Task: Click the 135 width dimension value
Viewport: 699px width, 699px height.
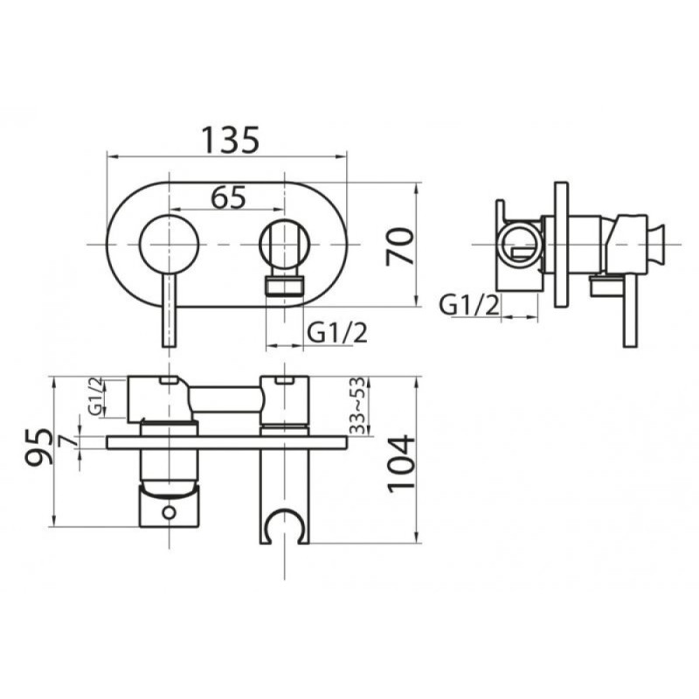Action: [x=231, y=140]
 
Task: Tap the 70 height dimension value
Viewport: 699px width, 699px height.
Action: [x=399, y=246]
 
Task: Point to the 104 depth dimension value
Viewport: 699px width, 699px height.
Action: [x=401, y=464]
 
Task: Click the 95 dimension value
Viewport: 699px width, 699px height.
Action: [x=38, y=447]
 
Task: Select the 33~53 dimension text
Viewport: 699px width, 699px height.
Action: [x=357, y=405]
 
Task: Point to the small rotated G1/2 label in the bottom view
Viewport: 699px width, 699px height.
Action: [x=95, y=397]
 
